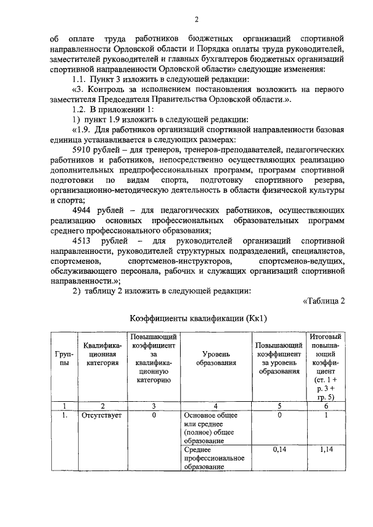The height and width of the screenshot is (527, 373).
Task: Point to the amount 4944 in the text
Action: [83, 210]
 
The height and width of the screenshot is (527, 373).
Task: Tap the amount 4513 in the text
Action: [83, 240]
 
